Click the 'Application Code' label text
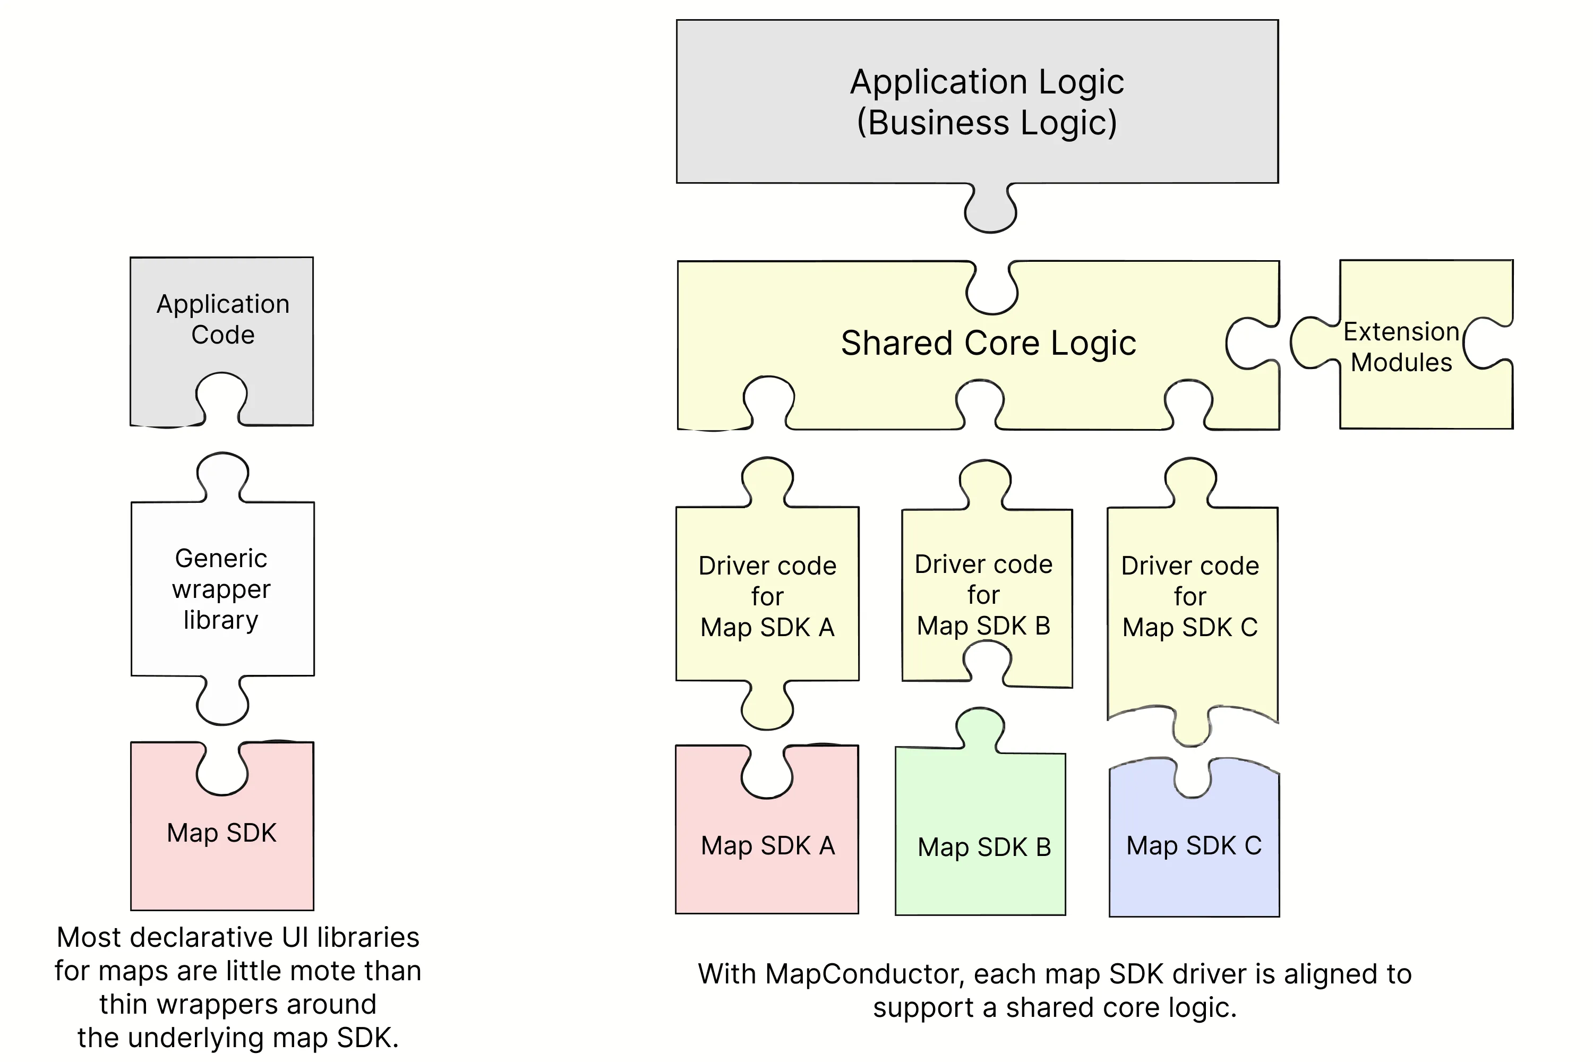coord(223,319)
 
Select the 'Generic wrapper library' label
coord(221,588)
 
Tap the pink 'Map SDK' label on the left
coord(221,833)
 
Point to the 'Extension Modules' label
coord(1401,347)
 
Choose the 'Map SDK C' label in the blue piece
coord(1193,845)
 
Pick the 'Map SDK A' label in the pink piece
coord(767,845)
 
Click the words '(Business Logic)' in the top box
coord(987,123)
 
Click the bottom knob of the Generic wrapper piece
coord(222,704)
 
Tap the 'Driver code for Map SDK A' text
coord(767,596)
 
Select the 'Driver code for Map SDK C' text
coord(1190,596)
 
